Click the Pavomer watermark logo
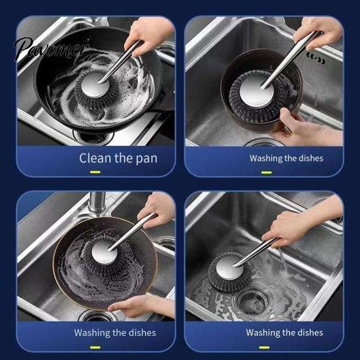pos(52,48)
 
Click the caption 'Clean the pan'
pos(118,158)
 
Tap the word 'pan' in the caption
pos(146,159)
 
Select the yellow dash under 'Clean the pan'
pos(95,172)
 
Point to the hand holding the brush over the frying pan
pos(148,35)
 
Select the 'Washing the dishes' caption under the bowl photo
pos(286,158)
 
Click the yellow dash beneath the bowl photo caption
pos(267,172)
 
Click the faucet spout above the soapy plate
pos(97,201)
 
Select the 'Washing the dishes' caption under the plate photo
pos(115,333)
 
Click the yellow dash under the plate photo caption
pos(95,348)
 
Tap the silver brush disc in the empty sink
pos(229,268)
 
